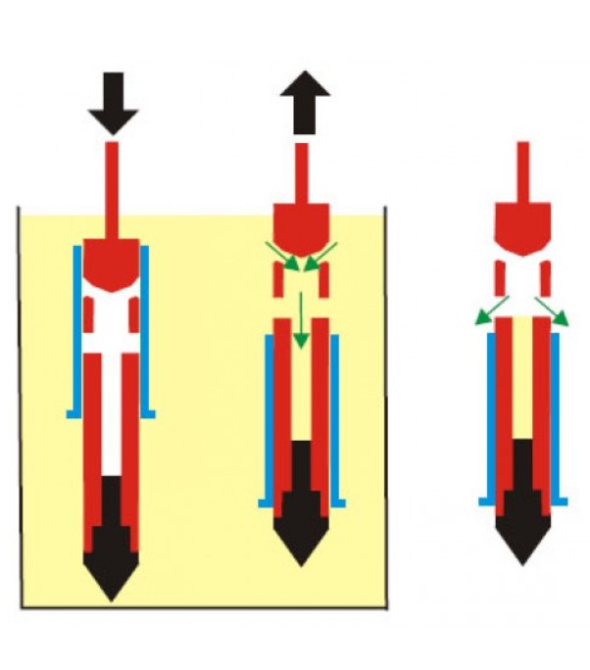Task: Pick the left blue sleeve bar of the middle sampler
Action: [268, 416]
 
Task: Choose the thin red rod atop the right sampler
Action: [524, 171]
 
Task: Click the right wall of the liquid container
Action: [385, 411]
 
